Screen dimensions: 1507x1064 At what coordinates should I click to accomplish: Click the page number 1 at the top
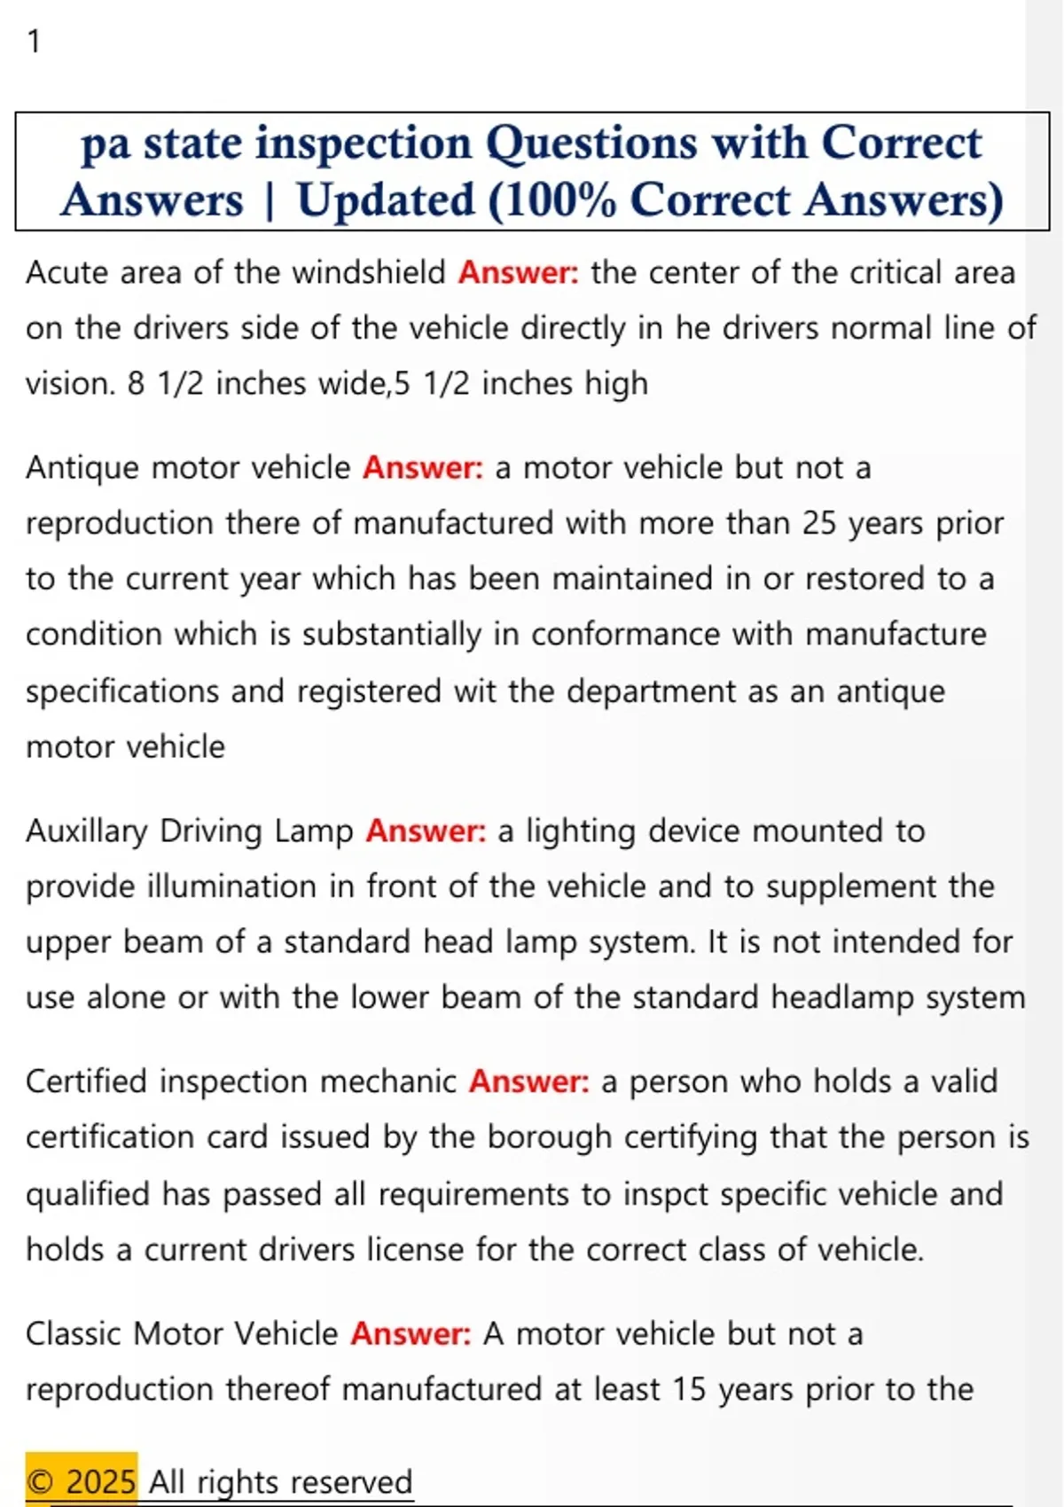pos(34,42)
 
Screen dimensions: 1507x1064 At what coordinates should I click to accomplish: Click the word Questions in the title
pos(591,144)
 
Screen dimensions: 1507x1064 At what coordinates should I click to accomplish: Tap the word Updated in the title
pos(386,200)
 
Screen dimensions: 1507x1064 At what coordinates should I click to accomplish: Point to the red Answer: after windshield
pos(518,273)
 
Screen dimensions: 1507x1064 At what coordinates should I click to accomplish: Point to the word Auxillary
pos(87,832)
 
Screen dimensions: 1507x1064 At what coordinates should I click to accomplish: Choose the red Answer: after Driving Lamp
pos(426,832)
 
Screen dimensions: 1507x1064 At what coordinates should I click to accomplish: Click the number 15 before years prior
pos(688,1390)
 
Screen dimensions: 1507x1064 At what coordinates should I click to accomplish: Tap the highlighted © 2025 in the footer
pos(82,1481)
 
